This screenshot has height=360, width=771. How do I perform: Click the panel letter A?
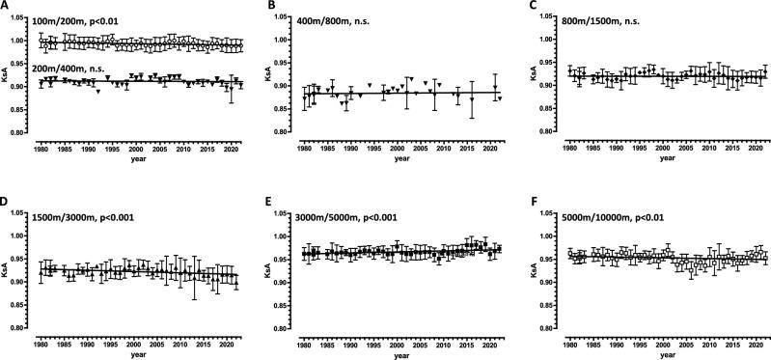pyautogui.click(x=5, y=6)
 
